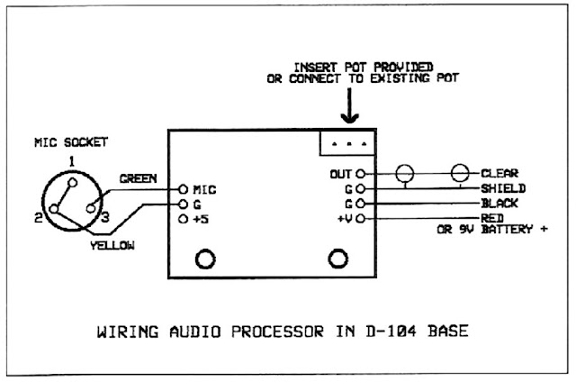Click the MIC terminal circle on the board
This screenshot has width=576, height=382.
pos(183,189)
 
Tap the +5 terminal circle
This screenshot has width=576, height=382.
pos(183,219)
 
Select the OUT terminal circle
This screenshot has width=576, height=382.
pos(361,174)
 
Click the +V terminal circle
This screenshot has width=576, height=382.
pos(361,219)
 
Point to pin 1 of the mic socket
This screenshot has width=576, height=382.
pos(73,183)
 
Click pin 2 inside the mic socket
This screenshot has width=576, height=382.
pos(54,209)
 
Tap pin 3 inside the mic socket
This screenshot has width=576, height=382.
pos(91,208)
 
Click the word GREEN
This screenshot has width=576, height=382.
pos(139,178)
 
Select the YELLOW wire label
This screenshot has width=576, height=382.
pos(112,245)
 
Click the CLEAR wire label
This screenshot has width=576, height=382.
pos(499,173)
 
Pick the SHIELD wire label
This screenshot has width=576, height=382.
pos(503,188)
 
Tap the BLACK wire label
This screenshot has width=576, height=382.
pos(499,203)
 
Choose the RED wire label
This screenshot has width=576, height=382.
pos(492,218)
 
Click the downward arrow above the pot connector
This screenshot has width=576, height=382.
pos(349,105)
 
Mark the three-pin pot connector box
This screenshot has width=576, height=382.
pos(347,142)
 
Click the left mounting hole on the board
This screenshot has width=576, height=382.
pos(205,259)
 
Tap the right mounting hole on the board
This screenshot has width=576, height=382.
pos(337,259)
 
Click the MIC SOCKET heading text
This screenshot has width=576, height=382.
pos(71,142)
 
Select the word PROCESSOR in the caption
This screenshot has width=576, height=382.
pos(278,332)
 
